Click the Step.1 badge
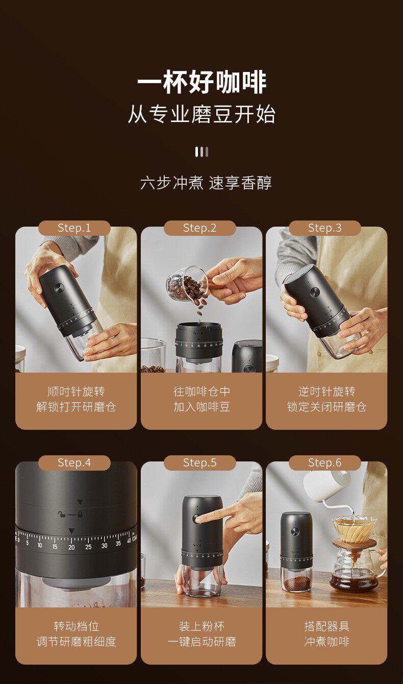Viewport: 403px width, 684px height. (x=74, y=228)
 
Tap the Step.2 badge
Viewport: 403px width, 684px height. (x=199, y=228)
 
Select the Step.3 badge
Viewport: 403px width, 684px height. (x=324, y=228)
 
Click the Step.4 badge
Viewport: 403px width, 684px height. (x=74, y=463)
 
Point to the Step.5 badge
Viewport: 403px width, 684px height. (x=199, y=463)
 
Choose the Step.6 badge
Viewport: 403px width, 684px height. (x=324, y=463)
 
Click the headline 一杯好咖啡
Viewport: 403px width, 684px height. (x=202, y=82)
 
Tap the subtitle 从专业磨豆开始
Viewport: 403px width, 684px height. (x=202, y=114)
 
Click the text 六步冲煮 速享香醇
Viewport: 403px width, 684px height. (x=206, y=183)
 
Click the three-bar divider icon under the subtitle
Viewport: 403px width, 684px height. (x=202, y=152)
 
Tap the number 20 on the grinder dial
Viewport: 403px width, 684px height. (x=71, y=547)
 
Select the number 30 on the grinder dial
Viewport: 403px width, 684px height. (x=105, y=545)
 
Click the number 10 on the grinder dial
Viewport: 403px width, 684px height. (x=40, y=545)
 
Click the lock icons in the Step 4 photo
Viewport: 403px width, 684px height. (x=70, y=515)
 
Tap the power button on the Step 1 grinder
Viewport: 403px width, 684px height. (x=59, y=288)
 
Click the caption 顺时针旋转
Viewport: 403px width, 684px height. (x=77, y=392)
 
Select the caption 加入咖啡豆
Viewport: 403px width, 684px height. (x=202, y=407)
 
